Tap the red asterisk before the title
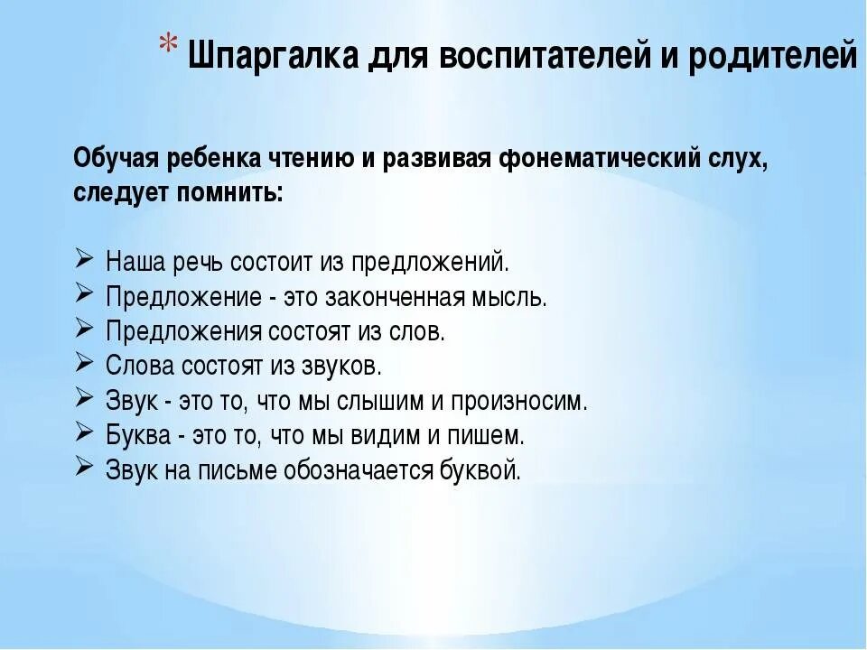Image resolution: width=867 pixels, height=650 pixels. click(x=169, y=46)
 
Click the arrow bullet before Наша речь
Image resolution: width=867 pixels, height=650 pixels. click(x=83, y=261)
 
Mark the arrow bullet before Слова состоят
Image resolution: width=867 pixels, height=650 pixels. click(x=83, y=364)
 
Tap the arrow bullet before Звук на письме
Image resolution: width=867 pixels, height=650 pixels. click(x=83, y=467)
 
